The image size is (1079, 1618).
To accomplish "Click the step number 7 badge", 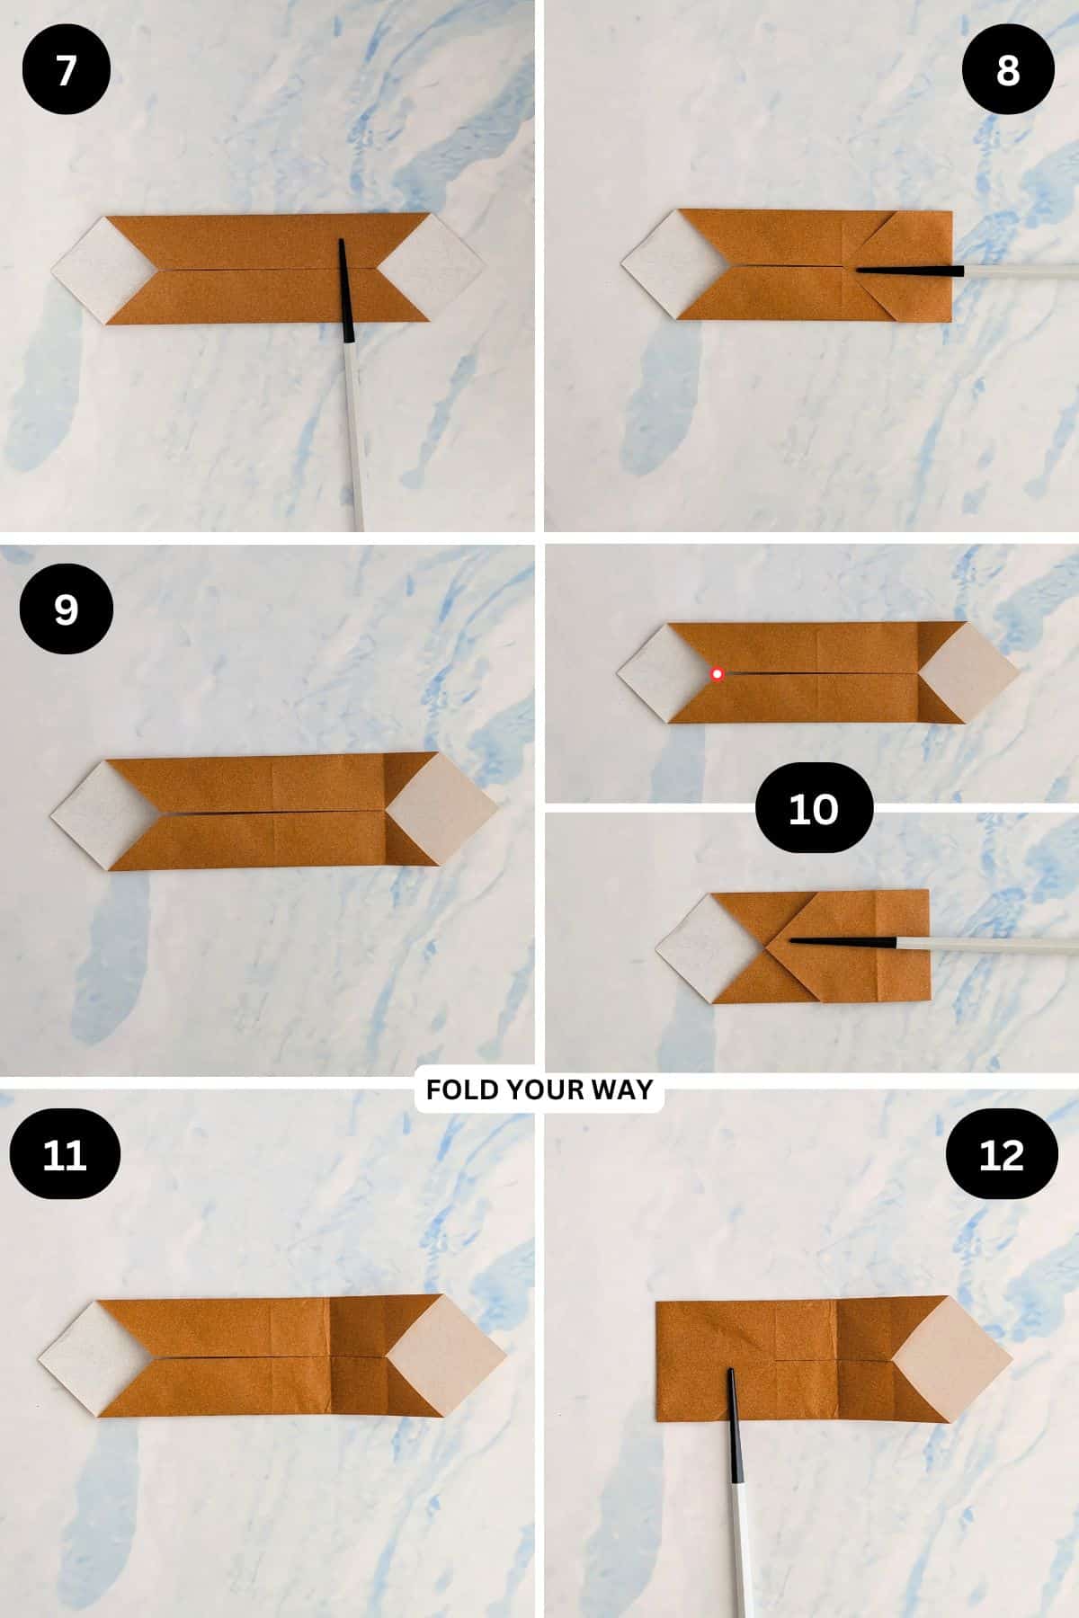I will [66, 70].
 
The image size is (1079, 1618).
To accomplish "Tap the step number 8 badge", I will [1007, 70].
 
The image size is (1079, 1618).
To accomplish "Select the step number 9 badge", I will [66, 609].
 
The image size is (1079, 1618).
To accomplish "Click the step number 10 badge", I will [813, 808].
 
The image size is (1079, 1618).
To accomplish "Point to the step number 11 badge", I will [65, 1154].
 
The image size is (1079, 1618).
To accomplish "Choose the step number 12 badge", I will [1001, 1154].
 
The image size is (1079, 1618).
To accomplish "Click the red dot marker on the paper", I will [718, 674].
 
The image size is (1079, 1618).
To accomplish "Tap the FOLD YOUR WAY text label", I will [539, 1090].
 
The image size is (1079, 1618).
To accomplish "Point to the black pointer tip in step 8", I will [859, 269].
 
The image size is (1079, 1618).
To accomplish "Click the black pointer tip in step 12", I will [731, 1373].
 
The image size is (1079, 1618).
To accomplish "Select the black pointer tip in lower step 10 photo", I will [793, 940].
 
